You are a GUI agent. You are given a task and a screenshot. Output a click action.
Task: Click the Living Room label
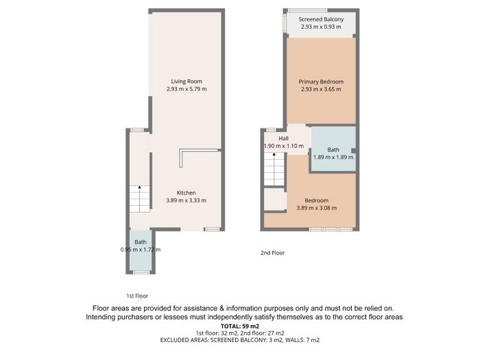pyautogui.click(x=187, y=82)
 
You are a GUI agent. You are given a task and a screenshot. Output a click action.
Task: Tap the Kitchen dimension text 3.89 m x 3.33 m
pyautogui.click(x=186, y=200)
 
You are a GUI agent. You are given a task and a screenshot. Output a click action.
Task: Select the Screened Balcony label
pyautogui.click(x=321, y=19)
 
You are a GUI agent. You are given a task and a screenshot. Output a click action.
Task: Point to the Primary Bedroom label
pyautogui.click(x=321, y=82)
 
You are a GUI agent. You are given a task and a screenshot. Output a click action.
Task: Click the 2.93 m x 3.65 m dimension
pyautogui.click(x=321, y=89)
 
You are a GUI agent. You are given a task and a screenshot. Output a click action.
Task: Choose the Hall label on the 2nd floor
pyautogui.click(x=283, y=139)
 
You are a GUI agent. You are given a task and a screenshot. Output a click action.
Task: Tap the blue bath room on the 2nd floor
pyautogui.click(x=333, y=149)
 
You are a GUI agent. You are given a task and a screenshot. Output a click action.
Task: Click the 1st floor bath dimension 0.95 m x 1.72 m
pyautogui.click(x=141, y=250)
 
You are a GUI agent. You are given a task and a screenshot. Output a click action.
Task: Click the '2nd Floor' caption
pyautogui.click(x=272, y=253)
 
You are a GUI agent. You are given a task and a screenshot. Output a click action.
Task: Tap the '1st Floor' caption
pyautogui.click(x=137, y=296)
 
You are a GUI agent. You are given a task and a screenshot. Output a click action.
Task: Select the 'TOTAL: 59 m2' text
pyautogui.click(x=240, y=326)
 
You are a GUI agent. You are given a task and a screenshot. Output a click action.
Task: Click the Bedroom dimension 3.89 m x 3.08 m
pyautogui.click(x=317, y=208)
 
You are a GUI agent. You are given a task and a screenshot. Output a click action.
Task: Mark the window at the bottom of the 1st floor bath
pyautogui.click(x=141, y=272)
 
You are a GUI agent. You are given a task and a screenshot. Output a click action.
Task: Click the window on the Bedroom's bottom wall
pyautogui.click(x=331, y=229)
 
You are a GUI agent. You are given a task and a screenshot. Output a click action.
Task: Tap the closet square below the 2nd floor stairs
pyautogui.click(x=275, y=199)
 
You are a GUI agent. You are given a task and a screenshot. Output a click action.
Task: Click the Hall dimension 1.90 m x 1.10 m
pyautogui.click(x=284, y=146)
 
